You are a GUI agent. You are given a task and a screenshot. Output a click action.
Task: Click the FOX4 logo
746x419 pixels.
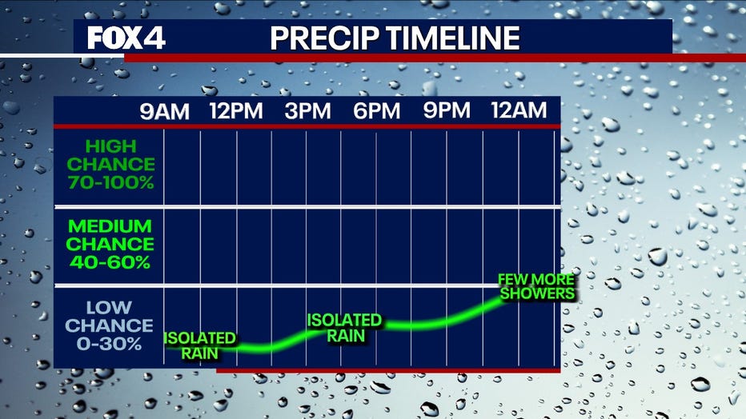pyautogui.click(x=126, y=38)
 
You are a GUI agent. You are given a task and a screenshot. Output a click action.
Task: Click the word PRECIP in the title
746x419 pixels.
pyautogui.click(x=324, y=38)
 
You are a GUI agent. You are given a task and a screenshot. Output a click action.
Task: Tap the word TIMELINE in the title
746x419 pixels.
pyautogui.click(x=452, y=38)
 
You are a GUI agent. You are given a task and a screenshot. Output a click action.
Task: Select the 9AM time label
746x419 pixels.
pyautogui.click(x=165, y=111)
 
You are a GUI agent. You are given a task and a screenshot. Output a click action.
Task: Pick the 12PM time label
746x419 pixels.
pyautogui.click(x=236, y=110)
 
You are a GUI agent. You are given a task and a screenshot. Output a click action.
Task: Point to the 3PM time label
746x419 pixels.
pyautogui.click(x=307, y=110)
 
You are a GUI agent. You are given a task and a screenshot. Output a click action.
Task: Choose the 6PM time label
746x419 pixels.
pyautogui.click(x=376, y=110)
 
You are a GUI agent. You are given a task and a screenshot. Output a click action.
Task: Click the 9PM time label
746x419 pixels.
pyautogui.click(x=447, y=110)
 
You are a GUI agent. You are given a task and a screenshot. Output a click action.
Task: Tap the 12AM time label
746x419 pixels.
pyautogui.click(x=519, y=110)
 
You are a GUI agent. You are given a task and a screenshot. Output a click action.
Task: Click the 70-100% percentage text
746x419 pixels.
pyautogui.click(x=110, y=182)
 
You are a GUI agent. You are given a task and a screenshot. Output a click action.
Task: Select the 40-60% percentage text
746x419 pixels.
pyautogui.click(x=110, y=262)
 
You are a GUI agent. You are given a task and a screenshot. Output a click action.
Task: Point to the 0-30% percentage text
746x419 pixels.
pyautogui.click(x=109, y=344)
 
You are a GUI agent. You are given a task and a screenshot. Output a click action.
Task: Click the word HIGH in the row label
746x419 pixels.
pyautogui.click(x=110, y=146)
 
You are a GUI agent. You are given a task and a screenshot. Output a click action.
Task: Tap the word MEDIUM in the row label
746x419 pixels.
pyautogui.click(x=110, y=226)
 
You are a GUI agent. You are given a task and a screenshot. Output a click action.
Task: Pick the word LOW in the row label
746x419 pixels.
pyautogui.click(x=109, y=307)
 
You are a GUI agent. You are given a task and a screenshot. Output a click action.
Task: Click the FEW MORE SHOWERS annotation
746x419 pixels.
pyautogui.click(x=536, y=286)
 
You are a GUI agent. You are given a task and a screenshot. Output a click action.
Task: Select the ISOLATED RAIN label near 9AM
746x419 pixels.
pyautogui.click(x=200, y=346)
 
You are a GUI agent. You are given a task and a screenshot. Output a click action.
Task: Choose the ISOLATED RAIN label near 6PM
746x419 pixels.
pyautogui.click(x=344, y=328)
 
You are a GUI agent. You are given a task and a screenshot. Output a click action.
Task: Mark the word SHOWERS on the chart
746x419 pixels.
pyautogui.click(x=538, y=293)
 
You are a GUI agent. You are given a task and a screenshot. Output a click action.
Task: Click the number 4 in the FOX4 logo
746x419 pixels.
pyautogui.click(x=154, y=38)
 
